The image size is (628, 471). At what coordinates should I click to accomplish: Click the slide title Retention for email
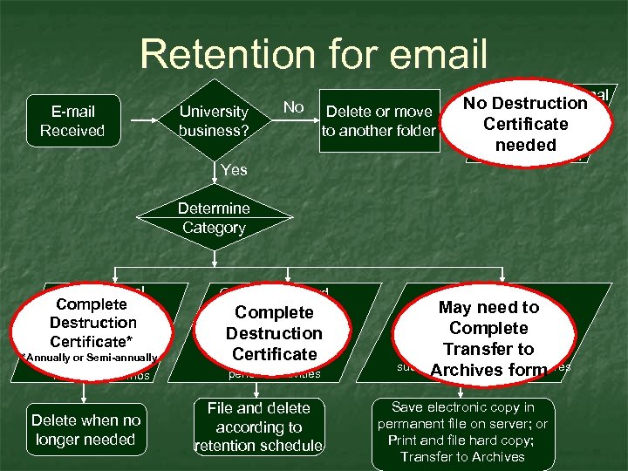click(313, 54)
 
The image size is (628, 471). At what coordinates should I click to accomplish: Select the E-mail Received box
click(72, 121)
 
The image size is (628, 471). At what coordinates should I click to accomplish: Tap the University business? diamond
click(214, 121)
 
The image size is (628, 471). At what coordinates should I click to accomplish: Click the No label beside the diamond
click(294, 107)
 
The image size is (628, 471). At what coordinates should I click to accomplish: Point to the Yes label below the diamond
click(234, 170)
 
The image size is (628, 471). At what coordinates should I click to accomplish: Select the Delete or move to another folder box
click(379, 121)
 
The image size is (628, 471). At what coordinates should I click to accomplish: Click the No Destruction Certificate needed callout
click(525, 124)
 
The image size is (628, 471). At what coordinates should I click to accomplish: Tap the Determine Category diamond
click(214, 218)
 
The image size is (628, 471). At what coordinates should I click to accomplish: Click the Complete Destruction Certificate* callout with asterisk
click(92, 322)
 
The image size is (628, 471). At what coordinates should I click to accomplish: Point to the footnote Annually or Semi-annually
click(86, 358)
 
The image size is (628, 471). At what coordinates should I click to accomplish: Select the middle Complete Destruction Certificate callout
click(274, 332)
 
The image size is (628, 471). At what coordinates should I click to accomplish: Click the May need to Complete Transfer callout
click(488, 338)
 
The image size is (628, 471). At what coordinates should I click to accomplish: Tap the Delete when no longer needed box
click(85, 430)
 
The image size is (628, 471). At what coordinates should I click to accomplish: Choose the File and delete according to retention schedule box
click(258, 427)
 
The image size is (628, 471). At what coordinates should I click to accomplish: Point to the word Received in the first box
click(72, 131)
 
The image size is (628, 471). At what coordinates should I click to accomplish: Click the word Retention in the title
click(223, 54)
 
